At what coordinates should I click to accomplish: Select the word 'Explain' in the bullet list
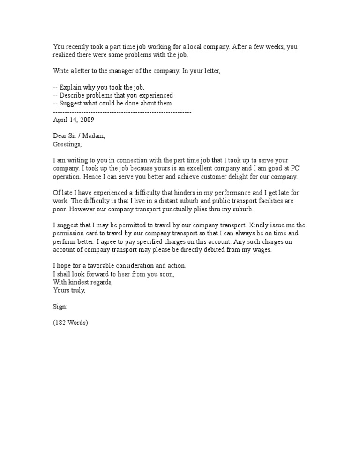click(71, 87)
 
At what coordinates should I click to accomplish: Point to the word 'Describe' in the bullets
click(73, 95)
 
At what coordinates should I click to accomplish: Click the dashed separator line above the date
click(122, 112)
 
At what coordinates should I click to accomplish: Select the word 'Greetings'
click(67, 144)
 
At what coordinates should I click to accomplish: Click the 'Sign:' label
click(60, 307)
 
